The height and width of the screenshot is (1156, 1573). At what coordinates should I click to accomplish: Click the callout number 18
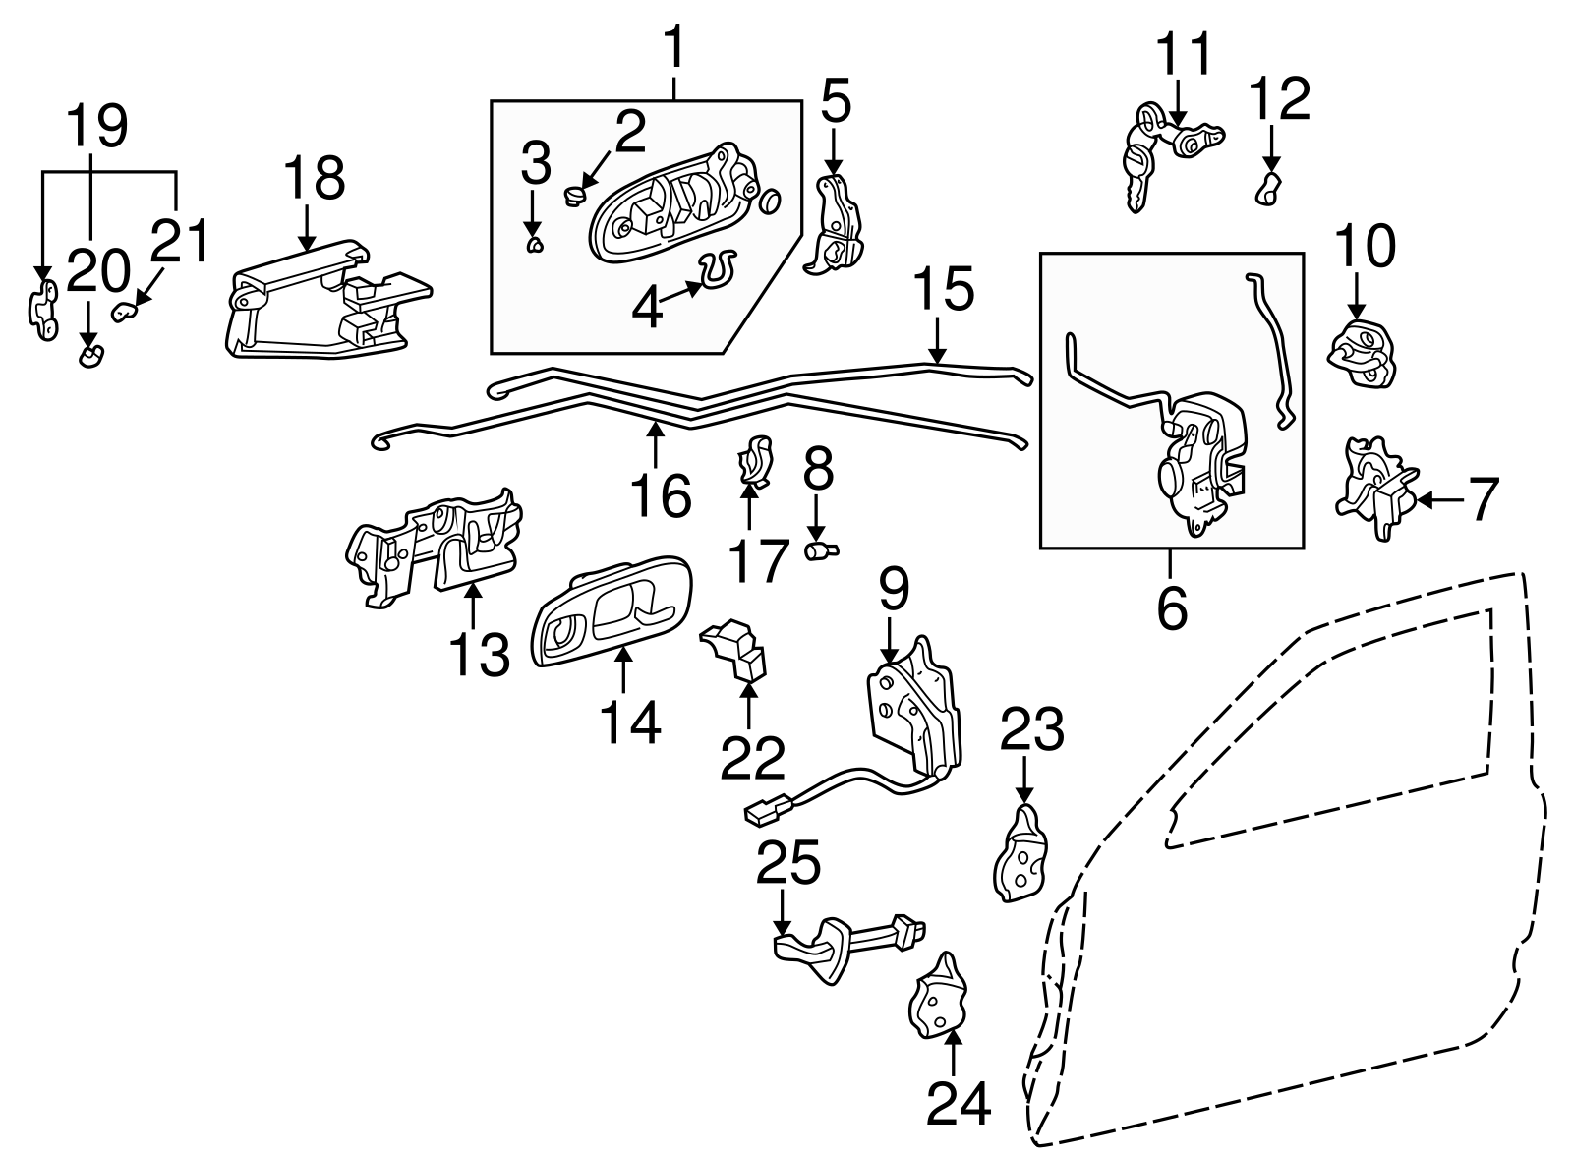pos(314,178)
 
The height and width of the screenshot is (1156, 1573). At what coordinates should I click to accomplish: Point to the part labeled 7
pos(1374,489)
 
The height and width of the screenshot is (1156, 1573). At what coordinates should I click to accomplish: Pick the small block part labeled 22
pos(734,650)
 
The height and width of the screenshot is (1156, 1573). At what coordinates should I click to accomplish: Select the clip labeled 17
pos(754,461)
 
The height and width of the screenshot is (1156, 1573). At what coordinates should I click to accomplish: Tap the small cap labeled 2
pos(573,197)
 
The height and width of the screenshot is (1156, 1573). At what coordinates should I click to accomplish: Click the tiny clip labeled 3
pos(534,244)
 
